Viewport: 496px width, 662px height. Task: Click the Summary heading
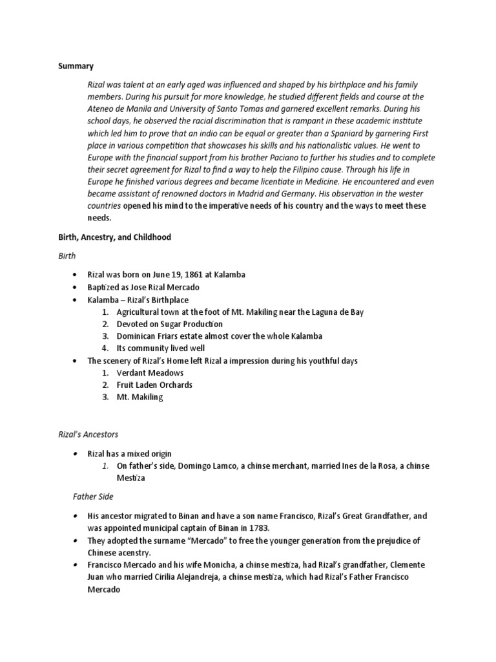(76, 66)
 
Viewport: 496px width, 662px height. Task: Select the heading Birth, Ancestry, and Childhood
(114, 237)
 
